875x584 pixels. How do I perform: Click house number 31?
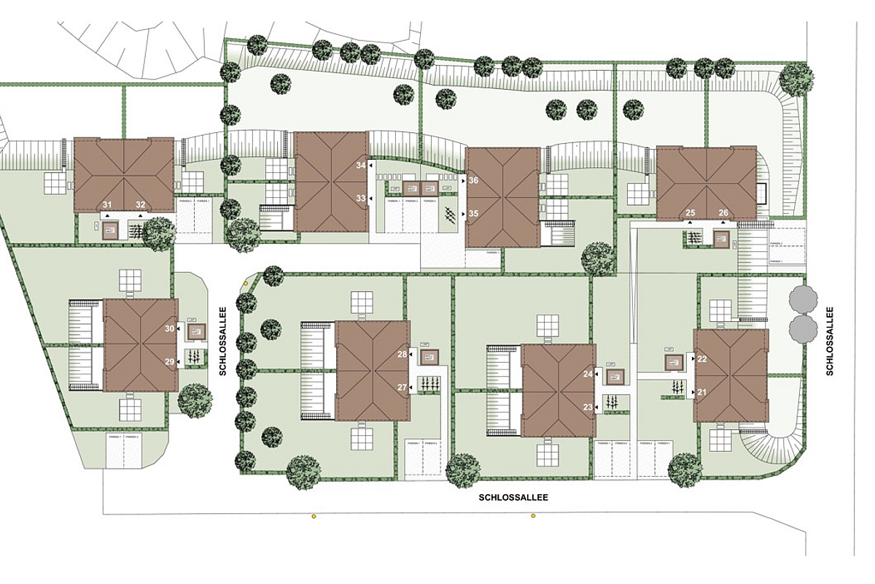(x=106, y=204)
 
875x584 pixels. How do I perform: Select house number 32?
(x=140, y=204)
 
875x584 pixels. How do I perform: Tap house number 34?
(x=360, y=166)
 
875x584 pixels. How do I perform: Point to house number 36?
(x=473, y=180)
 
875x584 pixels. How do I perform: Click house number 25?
(x=691, y=213)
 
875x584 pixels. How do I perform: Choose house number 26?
(x=723, y=213)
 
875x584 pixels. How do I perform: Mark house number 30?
(x=169, y=329)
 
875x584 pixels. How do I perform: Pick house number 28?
(x=401, y=355)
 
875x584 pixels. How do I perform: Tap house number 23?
(x=588, y=407)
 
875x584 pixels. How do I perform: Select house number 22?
(x=702, y=359)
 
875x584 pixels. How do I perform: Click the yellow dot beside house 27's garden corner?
(x=247, y=280)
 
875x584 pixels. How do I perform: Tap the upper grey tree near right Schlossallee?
(x=803, y=300)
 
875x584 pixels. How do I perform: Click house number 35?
(x=473, y=214)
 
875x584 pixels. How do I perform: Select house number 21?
(x=702, y=392)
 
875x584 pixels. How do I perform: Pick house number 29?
(x=169, y=362)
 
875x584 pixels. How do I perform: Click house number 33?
(x=360, y=199)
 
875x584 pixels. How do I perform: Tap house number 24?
(x=588, y=374)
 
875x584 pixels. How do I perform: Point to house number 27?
(x=401, y=388)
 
